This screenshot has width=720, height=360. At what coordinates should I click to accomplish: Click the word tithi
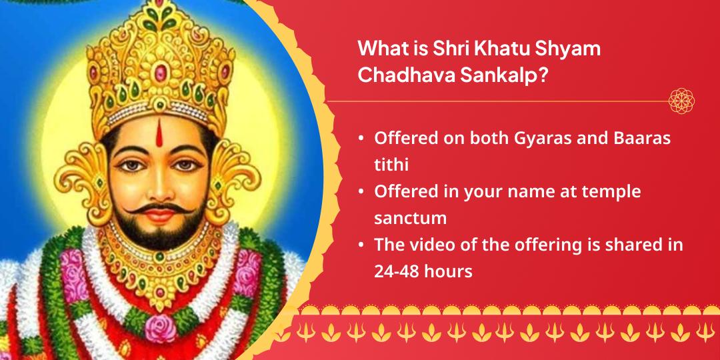391,165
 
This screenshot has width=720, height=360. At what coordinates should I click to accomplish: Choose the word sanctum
410,218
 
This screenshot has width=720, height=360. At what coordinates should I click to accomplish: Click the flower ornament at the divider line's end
681,101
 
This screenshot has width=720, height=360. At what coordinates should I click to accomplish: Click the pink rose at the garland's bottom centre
159,327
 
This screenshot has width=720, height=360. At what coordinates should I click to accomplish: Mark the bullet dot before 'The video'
361,245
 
